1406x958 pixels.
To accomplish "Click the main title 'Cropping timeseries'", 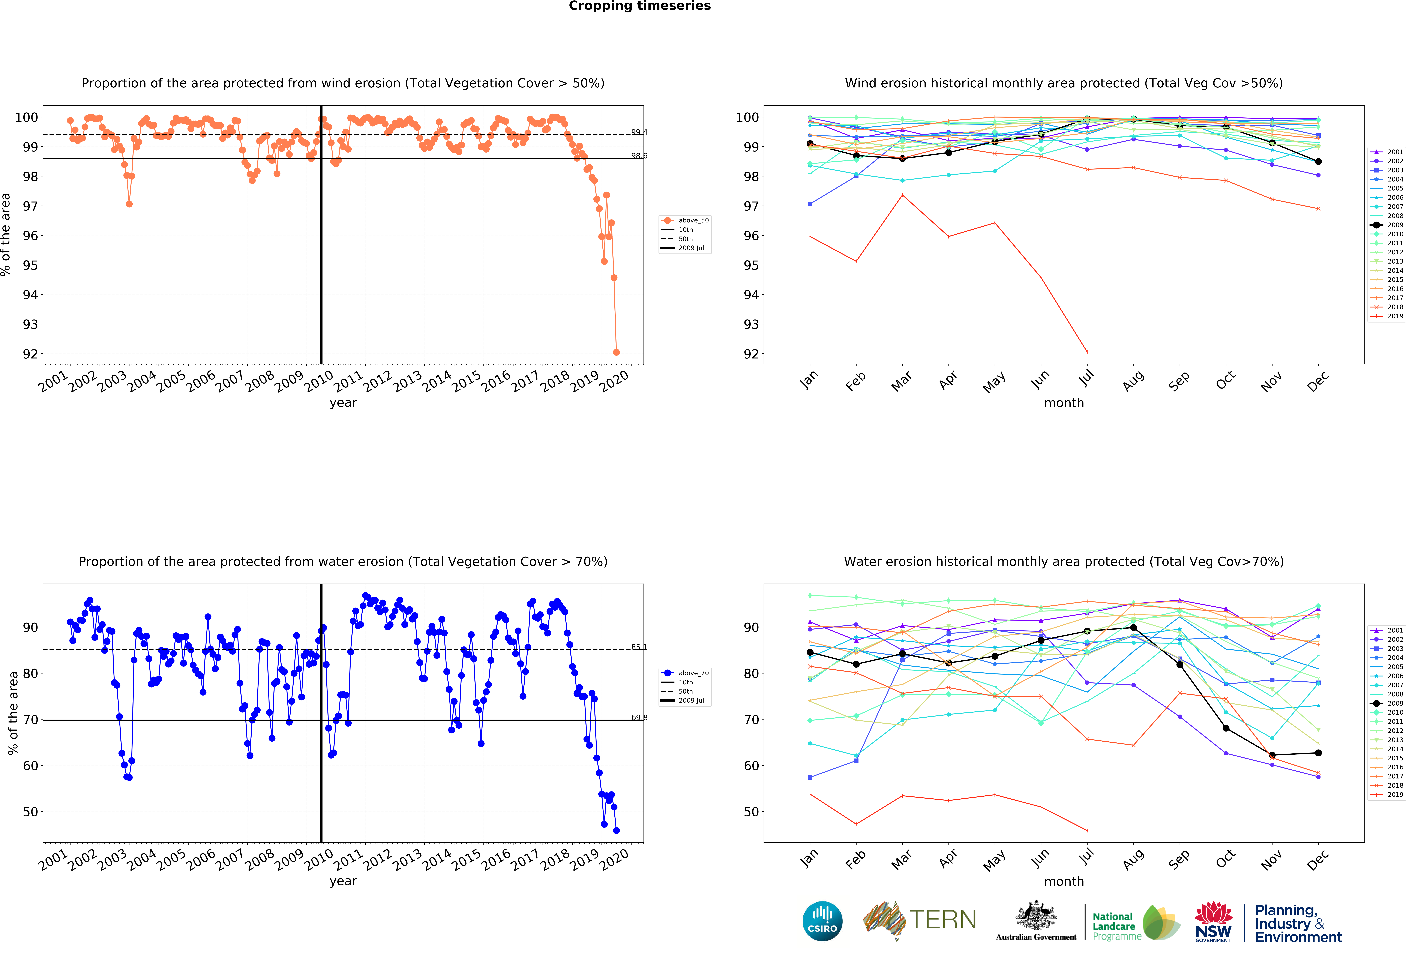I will pyautogui.click(x=639, y=6).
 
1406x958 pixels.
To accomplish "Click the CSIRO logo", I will pyautogui.click(x=822, y=921).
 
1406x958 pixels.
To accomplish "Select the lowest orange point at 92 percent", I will pyautogui.click(x=616, y=352).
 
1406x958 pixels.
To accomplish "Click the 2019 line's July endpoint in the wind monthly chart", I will pyautogui.click(x=1087, y=352).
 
